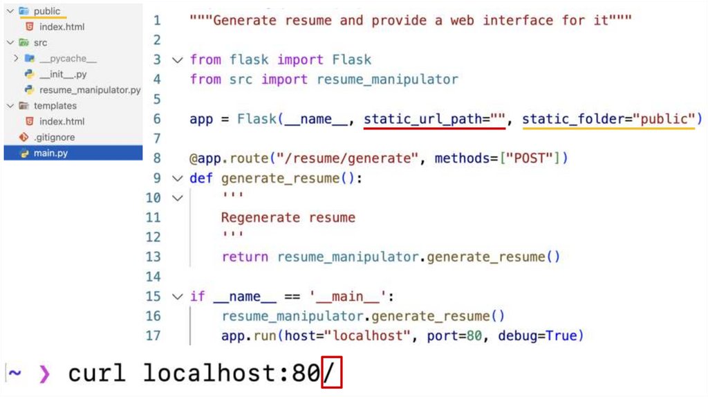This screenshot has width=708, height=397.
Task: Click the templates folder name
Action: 55,106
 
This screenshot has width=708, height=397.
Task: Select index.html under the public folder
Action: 62,27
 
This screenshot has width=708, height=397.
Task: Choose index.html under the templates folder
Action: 62,122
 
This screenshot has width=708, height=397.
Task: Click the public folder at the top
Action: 47,11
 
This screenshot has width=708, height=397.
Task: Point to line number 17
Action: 153,335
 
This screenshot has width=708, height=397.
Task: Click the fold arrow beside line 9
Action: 178,178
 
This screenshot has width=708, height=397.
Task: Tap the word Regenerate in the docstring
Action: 261,217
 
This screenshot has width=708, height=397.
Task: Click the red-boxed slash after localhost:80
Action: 332,373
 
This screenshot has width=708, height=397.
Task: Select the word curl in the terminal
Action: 97,373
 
